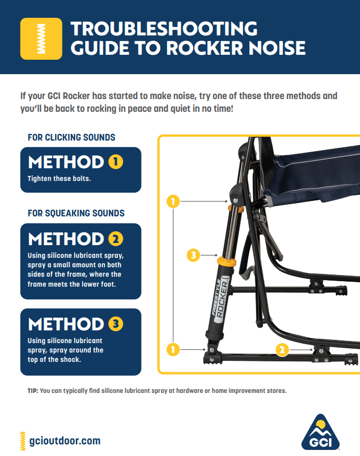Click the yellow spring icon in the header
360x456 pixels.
click(x=41, y=38)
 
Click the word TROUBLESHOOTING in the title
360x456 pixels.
click(x=164, y=28)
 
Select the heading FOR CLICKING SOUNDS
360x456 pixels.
click(x=71, y=137)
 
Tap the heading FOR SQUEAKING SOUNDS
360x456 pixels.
click(x=76, y=213)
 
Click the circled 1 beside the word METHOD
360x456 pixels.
click(x=115, y=162)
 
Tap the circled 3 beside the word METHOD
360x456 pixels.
click(x=115, y=324)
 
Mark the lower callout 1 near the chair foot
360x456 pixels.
click(x=173, y=349)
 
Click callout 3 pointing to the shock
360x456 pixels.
click(x=192, y=255)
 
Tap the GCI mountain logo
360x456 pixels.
click(x=321, y=432)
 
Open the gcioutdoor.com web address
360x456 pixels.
click(x=64, y=441)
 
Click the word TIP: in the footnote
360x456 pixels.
click(x=33, y=390)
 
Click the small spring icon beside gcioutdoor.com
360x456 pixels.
click(x=23, y=441)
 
